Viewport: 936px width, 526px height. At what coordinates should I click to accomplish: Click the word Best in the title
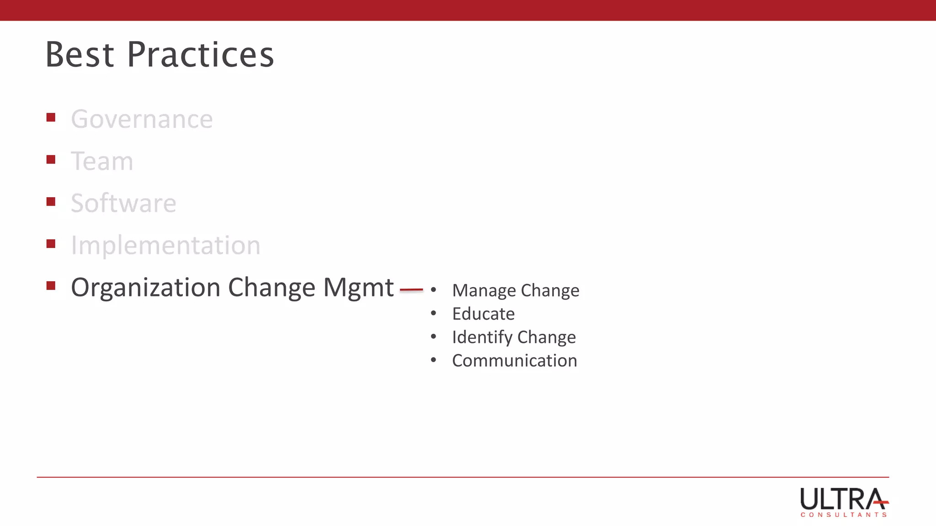(x=80, y=55)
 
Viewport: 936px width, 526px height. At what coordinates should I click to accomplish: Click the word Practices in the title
(x=200, y=55)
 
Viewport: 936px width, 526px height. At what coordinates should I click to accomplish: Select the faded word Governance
(x=142, y=120)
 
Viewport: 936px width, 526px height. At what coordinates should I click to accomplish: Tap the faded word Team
(x=102, y=161)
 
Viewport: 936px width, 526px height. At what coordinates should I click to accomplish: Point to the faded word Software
(x=123, y=203)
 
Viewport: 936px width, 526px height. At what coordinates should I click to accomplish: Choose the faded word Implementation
(x=165, y=245)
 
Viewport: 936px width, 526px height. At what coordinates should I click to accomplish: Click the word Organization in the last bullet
(x=146, y=288)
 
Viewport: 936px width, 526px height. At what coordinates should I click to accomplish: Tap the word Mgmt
(x=358, y=288)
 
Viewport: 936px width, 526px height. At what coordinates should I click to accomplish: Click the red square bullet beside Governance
(x=51, y=117)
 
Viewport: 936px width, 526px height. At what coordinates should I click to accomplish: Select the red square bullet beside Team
(x=51, y=159)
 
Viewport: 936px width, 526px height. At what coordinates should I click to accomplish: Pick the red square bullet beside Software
(x=51, y=201)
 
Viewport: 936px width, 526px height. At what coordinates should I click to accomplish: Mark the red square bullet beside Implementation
(x=51, y=243)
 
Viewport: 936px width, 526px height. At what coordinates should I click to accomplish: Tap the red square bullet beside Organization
(x=51, y=285)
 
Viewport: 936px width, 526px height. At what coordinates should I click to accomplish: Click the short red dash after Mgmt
(x=411, y=289)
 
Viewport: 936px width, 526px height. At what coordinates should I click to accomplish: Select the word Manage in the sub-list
(x=484, y=290)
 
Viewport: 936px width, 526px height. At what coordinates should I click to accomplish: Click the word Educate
(x=483, y=314)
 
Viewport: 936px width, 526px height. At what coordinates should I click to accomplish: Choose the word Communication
(x=514, y=361)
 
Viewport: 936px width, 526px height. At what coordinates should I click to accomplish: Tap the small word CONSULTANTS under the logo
(x=843, y=515)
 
